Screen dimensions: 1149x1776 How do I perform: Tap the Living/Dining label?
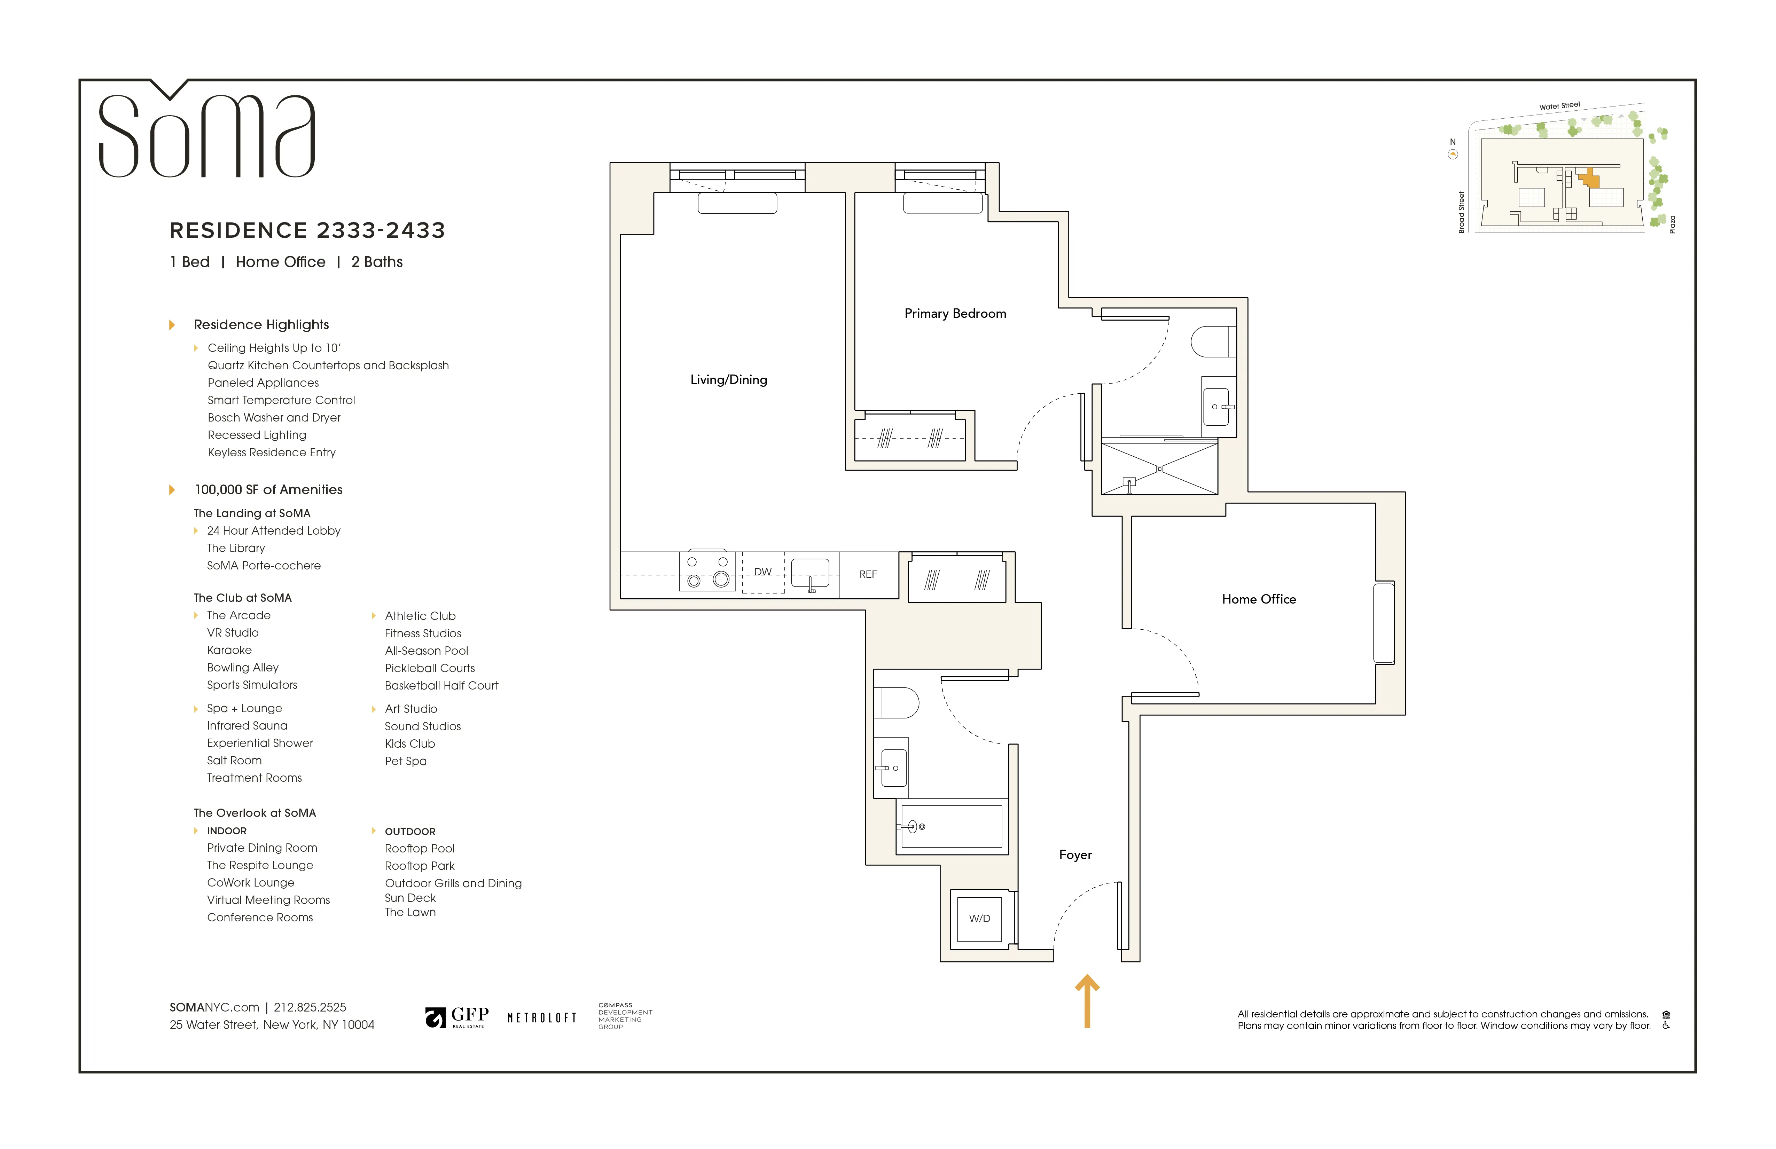[x=728, y=380]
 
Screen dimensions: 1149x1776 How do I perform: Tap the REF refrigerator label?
[x=868, y=574]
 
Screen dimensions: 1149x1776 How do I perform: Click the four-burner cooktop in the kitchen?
[x=707, y=572]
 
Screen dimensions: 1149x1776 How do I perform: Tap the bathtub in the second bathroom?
[x=952, y=827]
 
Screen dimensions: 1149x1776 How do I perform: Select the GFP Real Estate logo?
[x=457, y=1017]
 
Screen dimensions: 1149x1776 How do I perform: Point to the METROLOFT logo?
[x=542, y=1018]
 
